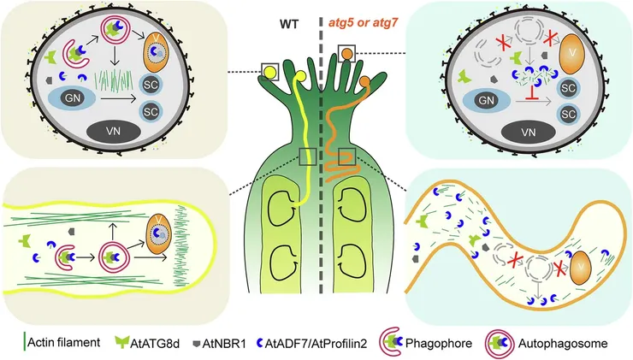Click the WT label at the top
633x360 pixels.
pos(289,25)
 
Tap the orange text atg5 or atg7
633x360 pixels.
pos(364,22)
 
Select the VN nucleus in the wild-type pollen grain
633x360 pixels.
pos(114,131)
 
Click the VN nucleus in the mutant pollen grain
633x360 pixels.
pos(529,132)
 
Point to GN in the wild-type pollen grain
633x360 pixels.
pos(72,98)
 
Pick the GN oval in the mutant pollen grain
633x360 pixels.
pos(486,100)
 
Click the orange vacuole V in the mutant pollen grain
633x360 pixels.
pos(571,54)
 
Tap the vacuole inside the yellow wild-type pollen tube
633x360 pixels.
pos(159,234)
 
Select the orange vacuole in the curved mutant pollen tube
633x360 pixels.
pos(581,267)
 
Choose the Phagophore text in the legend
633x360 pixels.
pos(439,344)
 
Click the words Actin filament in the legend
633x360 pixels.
pos(64,343)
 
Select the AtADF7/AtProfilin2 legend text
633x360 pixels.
pos(316,344)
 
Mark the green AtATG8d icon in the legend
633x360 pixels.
pos(121,342)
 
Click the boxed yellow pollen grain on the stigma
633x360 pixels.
pos(269,72)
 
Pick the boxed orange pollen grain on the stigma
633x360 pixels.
pos(346,53)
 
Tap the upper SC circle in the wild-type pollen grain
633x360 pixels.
pos(151,85)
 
